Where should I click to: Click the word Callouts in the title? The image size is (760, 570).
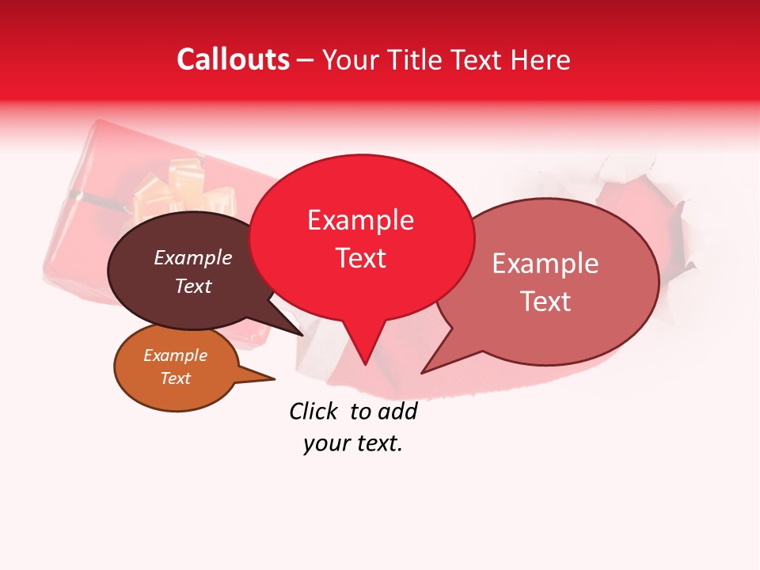coord(233,59)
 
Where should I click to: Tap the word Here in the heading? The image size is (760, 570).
coord(541,60)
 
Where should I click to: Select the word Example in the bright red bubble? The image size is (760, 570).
coord(360,220)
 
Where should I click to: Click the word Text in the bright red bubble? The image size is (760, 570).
coord(360,258)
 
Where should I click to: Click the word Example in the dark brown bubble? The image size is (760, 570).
coord(192,257)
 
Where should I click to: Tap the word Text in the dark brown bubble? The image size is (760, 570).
coord(192,286)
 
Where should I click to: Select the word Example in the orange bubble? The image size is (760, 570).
coord(175,355)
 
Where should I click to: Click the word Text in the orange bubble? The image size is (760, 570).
coord(175,378)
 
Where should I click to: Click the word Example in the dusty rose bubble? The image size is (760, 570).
coord(545,264)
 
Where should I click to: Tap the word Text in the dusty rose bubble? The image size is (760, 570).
coord(545,302)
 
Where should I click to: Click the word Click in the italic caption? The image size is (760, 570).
coord(313,411)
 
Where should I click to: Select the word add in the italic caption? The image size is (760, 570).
coord(397,411)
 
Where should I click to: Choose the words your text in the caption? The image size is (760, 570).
coord(352,444)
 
